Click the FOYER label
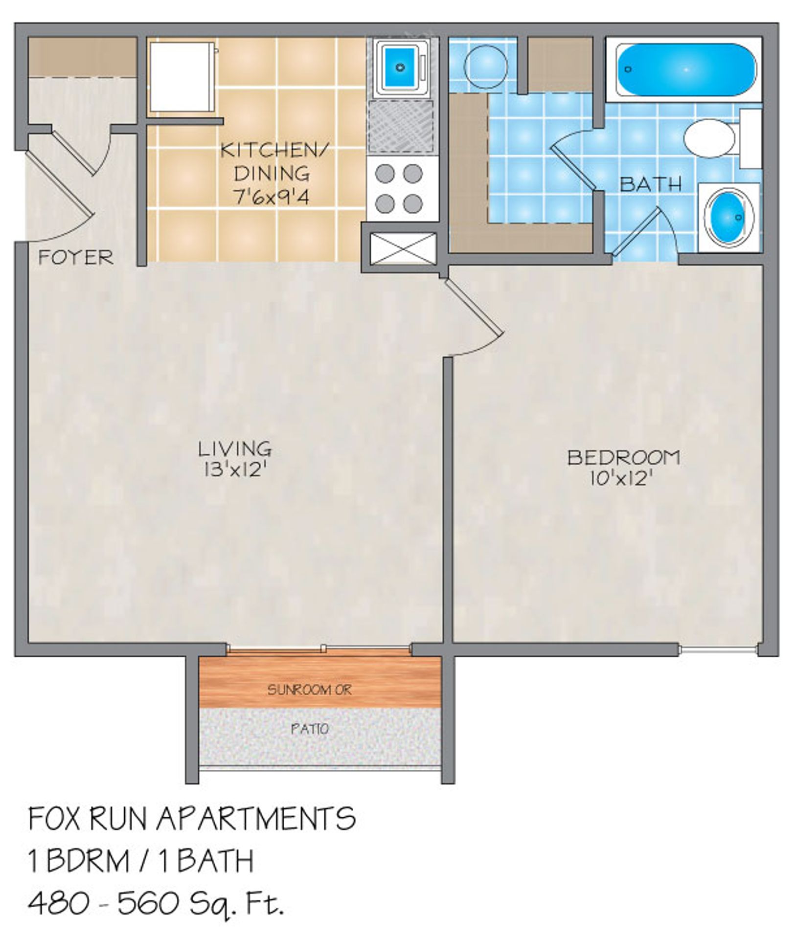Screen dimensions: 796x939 coord(76,257)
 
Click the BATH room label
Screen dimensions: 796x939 coord(650,184)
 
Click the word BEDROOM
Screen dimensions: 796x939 coord(623,457)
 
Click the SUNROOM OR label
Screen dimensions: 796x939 coord(309,690)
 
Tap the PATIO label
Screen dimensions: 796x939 coord(310,729)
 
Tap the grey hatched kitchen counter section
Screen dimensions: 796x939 coord(401,127)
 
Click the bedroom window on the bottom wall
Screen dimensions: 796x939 coord(719,649)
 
